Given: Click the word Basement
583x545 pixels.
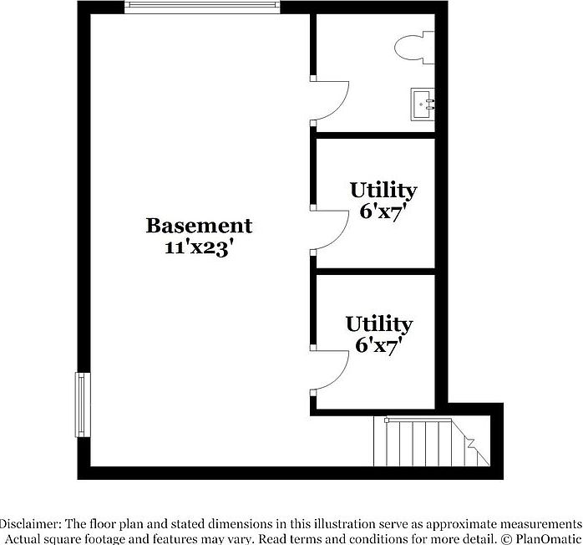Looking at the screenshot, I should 199,225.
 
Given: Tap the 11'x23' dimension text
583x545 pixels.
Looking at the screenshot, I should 199,247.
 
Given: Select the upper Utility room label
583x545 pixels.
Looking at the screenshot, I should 383,190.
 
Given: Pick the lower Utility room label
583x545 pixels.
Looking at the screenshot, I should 379,323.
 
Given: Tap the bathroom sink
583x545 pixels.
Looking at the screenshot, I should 425,104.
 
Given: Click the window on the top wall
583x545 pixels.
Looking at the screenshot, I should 202,7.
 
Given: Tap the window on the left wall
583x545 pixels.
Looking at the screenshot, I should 83,405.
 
